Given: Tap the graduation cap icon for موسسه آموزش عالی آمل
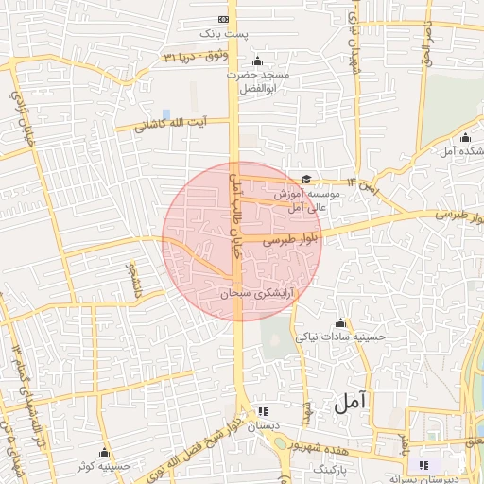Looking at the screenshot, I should click(306, 179).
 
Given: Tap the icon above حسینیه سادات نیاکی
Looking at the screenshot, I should click(336, 321).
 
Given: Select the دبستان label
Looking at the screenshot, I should click(264, 427).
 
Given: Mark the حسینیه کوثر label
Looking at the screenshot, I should click(104, 466).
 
